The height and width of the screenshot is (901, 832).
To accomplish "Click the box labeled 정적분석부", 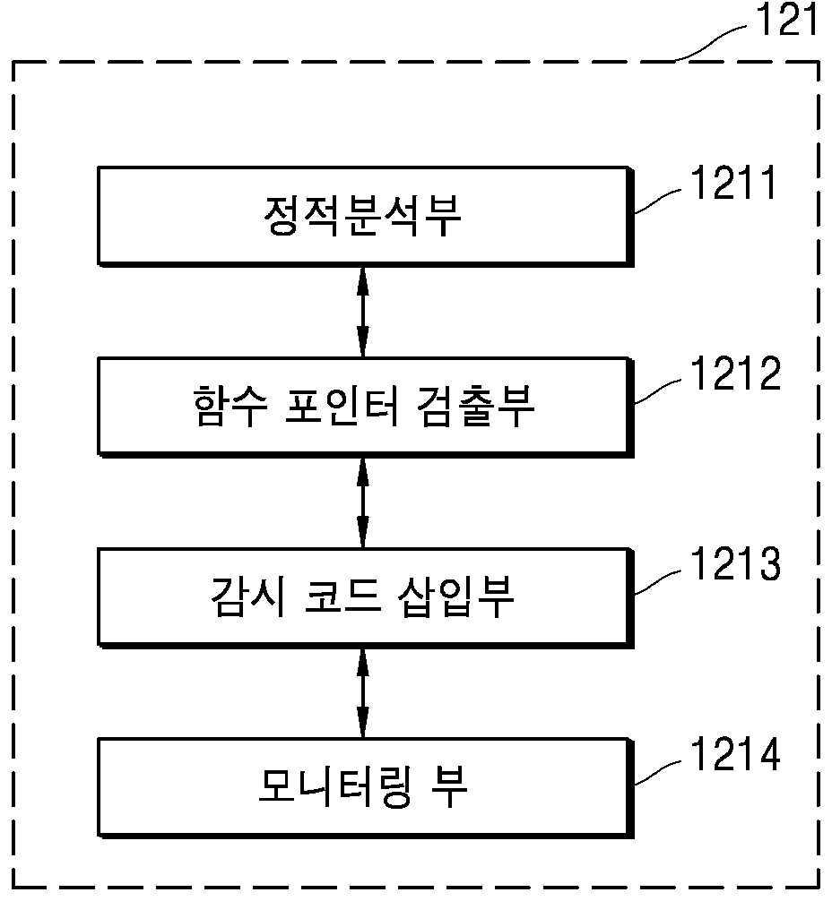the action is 366,217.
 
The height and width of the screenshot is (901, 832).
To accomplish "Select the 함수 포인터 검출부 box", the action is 366,408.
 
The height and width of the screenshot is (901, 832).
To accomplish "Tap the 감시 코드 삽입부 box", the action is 366,598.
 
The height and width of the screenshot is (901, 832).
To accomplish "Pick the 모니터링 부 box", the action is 366,788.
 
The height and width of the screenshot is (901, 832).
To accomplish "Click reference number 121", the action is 786,20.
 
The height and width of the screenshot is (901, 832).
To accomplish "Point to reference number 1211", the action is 733,183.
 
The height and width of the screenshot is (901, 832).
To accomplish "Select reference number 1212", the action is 735,373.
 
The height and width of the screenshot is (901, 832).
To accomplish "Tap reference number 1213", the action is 735,563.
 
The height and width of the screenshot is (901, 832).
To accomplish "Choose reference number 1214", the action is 735,753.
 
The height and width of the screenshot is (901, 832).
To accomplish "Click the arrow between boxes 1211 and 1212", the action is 362,312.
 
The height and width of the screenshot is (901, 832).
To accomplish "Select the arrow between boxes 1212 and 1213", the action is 362,502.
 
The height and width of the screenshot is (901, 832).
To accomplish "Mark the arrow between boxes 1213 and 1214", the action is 362,693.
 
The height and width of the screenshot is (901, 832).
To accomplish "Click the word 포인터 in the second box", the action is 342,407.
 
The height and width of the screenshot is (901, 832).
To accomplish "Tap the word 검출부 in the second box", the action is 475,407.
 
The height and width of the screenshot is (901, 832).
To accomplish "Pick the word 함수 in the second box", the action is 230,407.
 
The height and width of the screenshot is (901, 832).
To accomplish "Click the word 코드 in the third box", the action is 342,596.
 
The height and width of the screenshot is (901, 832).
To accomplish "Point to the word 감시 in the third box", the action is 248,596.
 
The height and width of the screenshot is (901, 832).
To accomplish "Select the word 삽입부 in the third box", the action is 455,596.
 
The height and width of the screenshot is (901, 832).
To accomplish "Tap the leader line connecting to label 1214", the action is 658,772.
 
